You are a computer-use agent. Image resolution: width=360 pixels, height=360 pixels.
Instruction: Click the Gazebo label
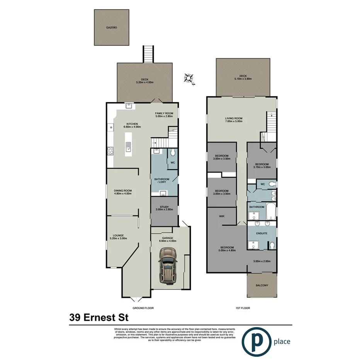[111, 28]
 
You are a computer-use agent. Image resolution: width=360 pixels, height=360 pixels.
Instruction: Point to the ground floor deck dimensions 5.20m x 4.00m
[144, 82]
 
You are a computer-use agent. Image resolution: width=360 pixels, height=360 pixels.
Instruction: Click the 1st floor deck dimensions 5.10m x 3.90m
[243, 78]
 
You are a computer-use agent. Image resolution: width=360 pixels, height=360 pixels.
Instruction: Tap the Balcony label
[262, 285]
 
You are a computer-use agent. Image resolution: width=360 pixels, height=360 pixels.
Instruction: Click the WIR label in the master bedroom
[222, 216]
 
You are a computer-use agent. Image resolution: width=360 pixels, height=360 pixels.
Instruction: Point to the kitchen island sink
[128, 146]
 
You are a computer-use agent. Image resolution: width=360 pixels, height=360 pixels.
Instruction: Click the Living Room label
[234, 119]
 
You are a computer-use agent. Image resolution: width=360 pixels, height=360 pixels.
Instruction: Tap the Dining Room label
[123, 190]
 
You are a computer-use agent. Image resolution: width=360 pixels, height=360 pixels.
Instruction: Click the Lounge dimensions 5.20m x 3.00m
[118, 238]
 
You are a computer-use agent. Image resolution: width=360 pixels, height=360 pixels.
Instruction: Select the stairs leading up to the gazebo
[149, 54]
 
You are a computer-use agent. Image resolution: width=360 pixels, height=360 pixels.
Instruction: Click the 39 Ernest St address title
[99, 318]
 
